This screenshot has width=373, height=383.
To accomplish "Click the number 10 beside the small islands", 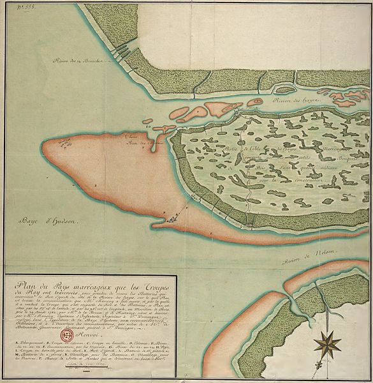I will [150, 127].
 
